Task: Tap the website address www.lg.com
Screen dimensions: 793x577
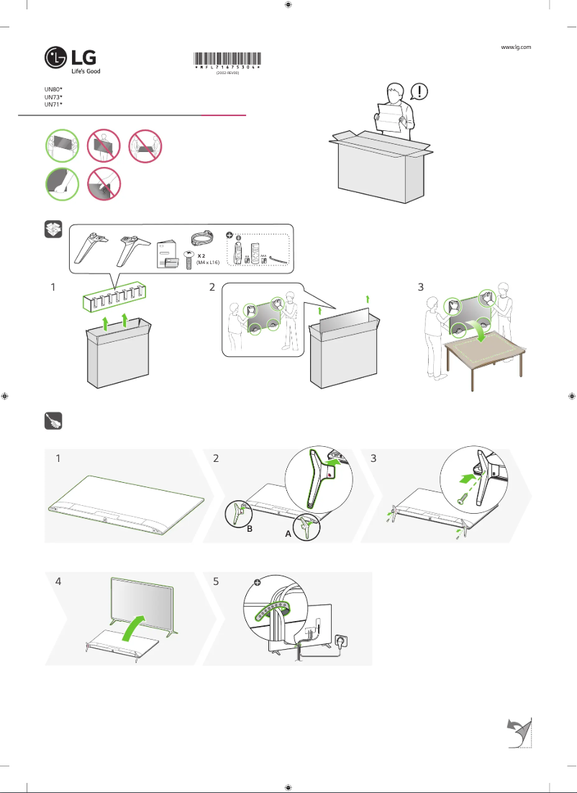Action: pyautogui.click(x=515, y=47)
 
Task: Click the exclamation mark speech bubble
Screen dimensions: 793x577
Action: pyautogui.click(x=419, y=91)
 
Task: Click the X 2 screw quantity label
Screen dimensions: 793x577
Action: pyautogui.click(x=203, y=255)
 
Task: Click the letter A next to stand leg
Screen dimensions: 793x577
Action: pyautogui.click(x=288, y=535)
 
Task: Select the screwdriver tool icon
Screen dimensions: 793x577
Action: pyautogui.click(x=54, y=421)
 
